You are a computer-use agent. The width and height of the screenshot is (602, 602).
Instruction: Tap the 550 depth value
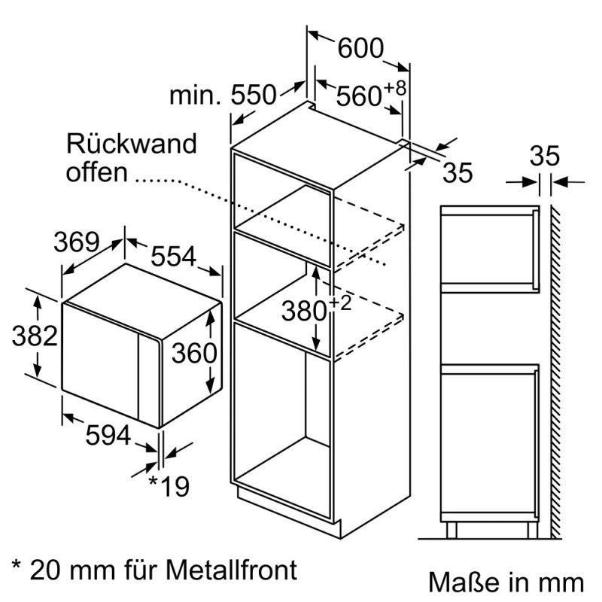254,96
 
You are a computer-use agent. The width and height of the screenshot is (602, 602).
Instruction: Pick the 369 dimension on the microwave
76,242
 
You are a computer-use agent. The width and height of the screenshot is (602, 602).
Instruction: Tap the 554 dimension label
174,257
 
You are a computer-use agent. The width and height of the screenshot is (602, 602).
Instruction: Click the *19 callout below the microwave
169,486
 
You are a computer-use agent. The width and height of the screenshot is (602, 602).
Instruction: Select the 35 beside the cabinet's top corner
458,172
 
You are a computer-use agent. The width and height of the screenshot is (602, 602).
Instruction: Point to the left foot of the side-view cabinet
451,530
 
